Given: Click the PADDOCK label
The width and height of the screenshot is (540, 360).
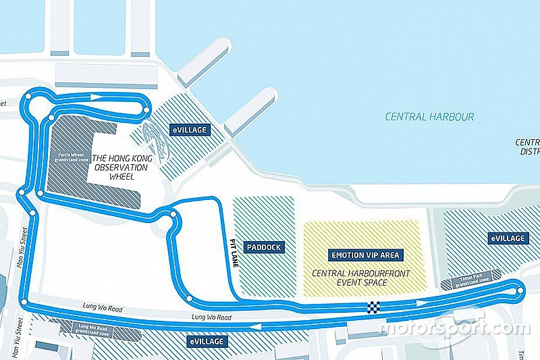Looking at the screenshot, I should click(x=263, y=247).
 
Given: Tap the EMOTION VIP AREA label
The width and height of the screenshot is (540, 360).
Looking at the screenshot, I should click(x=367, y=255).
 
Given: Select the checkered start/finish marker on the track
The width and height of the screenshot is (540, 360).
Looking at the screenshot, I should click(x=373, y=308).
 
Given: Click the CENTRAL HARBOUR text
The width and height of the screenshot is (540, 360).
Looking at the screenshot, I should click(x=429, y=117).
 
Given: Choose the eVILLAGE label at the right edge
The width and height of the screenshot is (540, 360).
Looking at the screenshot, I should click(x=507, y=238).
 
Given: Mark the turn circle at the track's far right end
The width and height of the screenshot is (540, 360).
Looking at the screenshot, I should click(x=520, y=291).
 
